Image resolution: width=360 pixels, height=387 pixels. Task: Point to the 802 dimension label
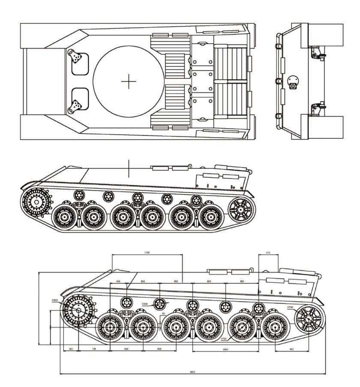pyautogui.click(x=292, y=349)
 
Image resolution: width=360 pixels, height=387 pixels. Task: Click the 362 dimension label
pyautogui.click(x=71, y=349)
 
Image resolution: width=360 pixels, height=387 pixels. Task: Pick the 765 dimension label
pyautogui.click(x=94, y=349)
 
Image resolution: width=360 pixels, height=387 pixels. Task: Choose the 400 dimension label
pyautogui.click(x=118, y=282)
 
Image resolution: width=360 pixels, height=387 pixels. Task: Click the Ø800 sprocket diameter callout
pyautogui.click(x=55, y=300)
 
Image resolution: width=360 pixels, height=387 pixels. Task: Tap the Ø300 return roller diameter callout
pyautogui.click(x=145, y=304)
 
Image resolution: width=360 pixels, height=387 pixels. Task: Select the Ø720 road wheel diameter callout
pyautogui.click(x=224, y=339)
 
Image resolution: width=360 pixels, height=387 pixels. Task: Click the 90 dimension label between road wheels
pyautogui.click(x=164, y=314)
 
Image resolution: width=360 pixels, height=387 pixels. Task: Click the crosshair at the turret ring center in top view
pyautogui.click(x=128, y=81)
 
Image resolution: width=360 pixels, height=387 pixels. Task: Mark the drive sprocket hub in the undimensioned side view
pyautogui.click(x=36, y=201)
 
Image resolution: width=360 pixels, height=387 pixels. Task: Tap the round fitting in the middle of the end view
pyautogui.click(x=293, y=81)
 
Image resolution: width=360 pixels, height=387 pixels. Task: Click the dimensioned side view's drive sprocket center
pyautogui.click(x=79, y=310)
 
